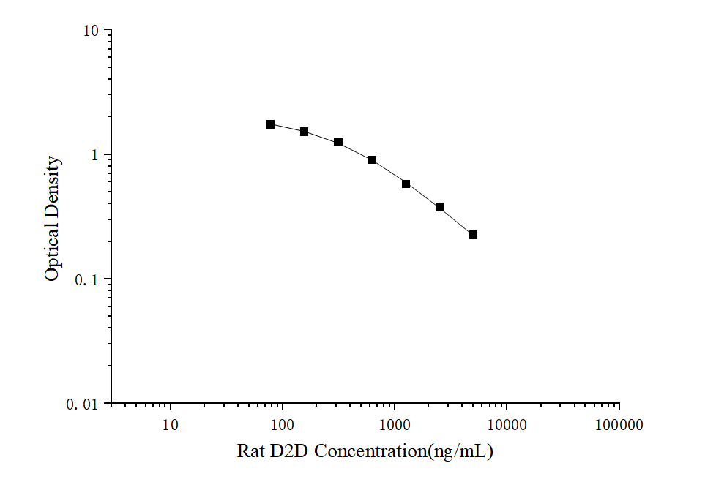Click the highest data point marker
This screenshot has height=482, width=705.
(270, 124)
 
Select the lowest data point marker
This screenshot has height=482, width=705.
(473, 235)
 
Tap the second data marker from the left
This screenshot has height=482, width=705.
(304, 132)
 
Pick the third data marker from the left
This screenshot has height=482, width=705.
(338, 142)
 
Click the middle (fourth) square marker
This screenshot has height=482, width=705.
(372, 159)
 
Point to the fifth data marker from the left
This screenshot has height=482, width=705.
(406, 184)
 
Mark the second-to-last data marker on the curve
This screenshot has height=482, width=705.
(439, 207)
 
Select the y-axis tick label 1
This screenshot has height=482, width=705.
(94, 155)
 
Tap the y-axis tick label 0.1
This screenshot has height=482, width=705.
(88, 279)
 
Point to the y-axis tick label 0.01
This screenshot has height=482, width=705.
(84, 404)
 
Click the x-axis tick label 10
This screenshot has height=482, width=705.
(170, 425)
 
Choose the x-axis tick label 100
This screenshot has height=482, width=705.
(282, 425)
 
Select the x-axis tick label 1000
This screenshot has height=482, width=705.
(395, 425)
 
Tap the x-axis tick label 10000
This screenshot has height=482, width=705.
(507, 425)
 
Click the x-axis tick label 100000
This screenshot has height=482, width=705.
(619, 425)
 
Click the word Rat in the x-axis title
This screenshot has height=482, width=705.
(251, 451)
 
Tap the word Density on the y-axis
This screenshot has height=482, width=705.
(52, 185)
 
